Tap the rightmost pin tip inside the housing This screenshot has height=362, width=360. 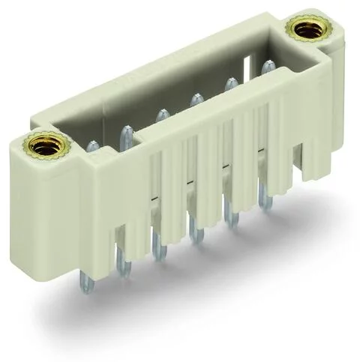(x=265, y=66)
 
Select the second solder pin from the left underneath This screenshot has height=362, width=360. (x=122, y=259)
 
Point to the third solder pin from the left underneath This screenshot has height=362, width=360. (x=157, y=244)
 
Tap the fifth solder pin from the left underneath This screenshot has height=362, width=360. (x=232, y=217)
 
